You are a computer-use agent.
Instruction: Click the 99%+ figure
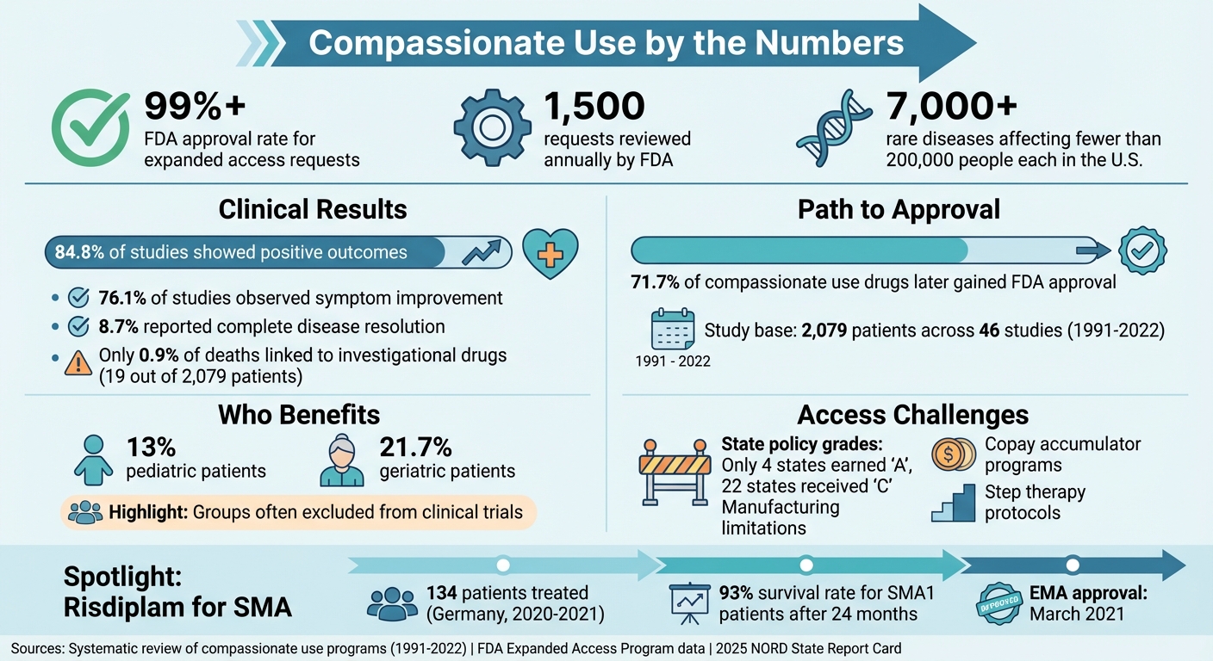[x=195, y=106]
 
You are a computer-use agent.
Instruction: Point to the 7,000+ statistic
[x=952, y=106]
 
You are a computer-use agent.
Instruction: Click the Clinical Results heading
[x=313, y=210]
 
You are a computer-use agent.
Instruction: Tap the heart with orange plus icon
[x=551, y=255]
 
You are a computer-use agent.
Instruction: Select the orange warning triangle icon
[x=78, y=364]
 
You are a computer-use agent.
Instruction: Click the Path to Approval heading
[x=899, y=210]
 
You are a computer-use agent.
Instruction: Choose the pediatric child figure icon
[x=93, y=460]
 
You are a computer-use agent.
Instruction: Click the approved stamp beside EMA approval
[x=1003, y=602]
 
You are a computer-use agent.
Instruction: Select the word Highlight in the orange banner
[x=144, y=513]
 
